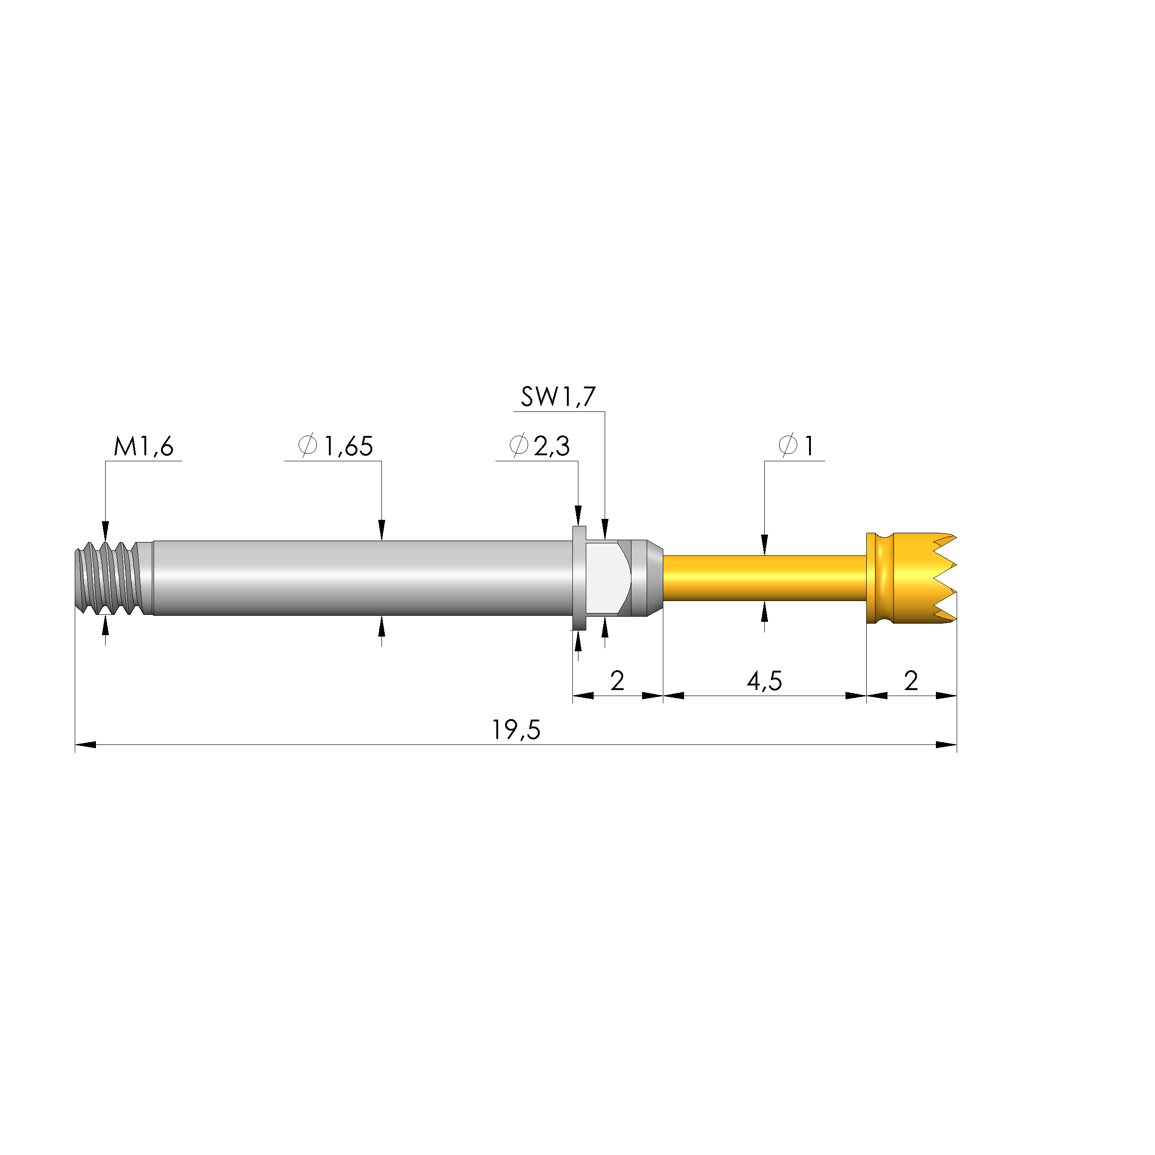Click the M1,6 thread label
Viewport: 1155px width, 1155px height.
(143, 447)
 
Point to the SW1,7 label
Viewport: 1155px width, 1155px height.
(558, 397)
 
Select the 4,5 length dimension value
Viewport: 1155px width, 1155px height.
(764, 681)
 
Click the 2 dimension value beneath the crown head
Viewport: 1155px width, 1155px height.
(911, 681)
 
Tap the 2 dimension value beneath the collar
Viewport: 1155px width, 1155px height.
(617, 681)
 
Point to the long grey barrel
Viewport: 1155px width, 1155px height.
(359, 578)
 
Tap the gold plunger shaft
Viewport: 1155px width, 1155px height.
(764, 578)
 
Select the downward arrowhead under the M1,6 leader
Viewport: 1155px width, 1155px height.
(105, 530)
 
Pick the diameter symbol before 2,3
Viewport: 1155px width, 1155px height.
(518, 446)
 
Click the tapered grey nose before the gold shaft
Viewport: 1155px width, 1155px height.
(654, 578)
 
